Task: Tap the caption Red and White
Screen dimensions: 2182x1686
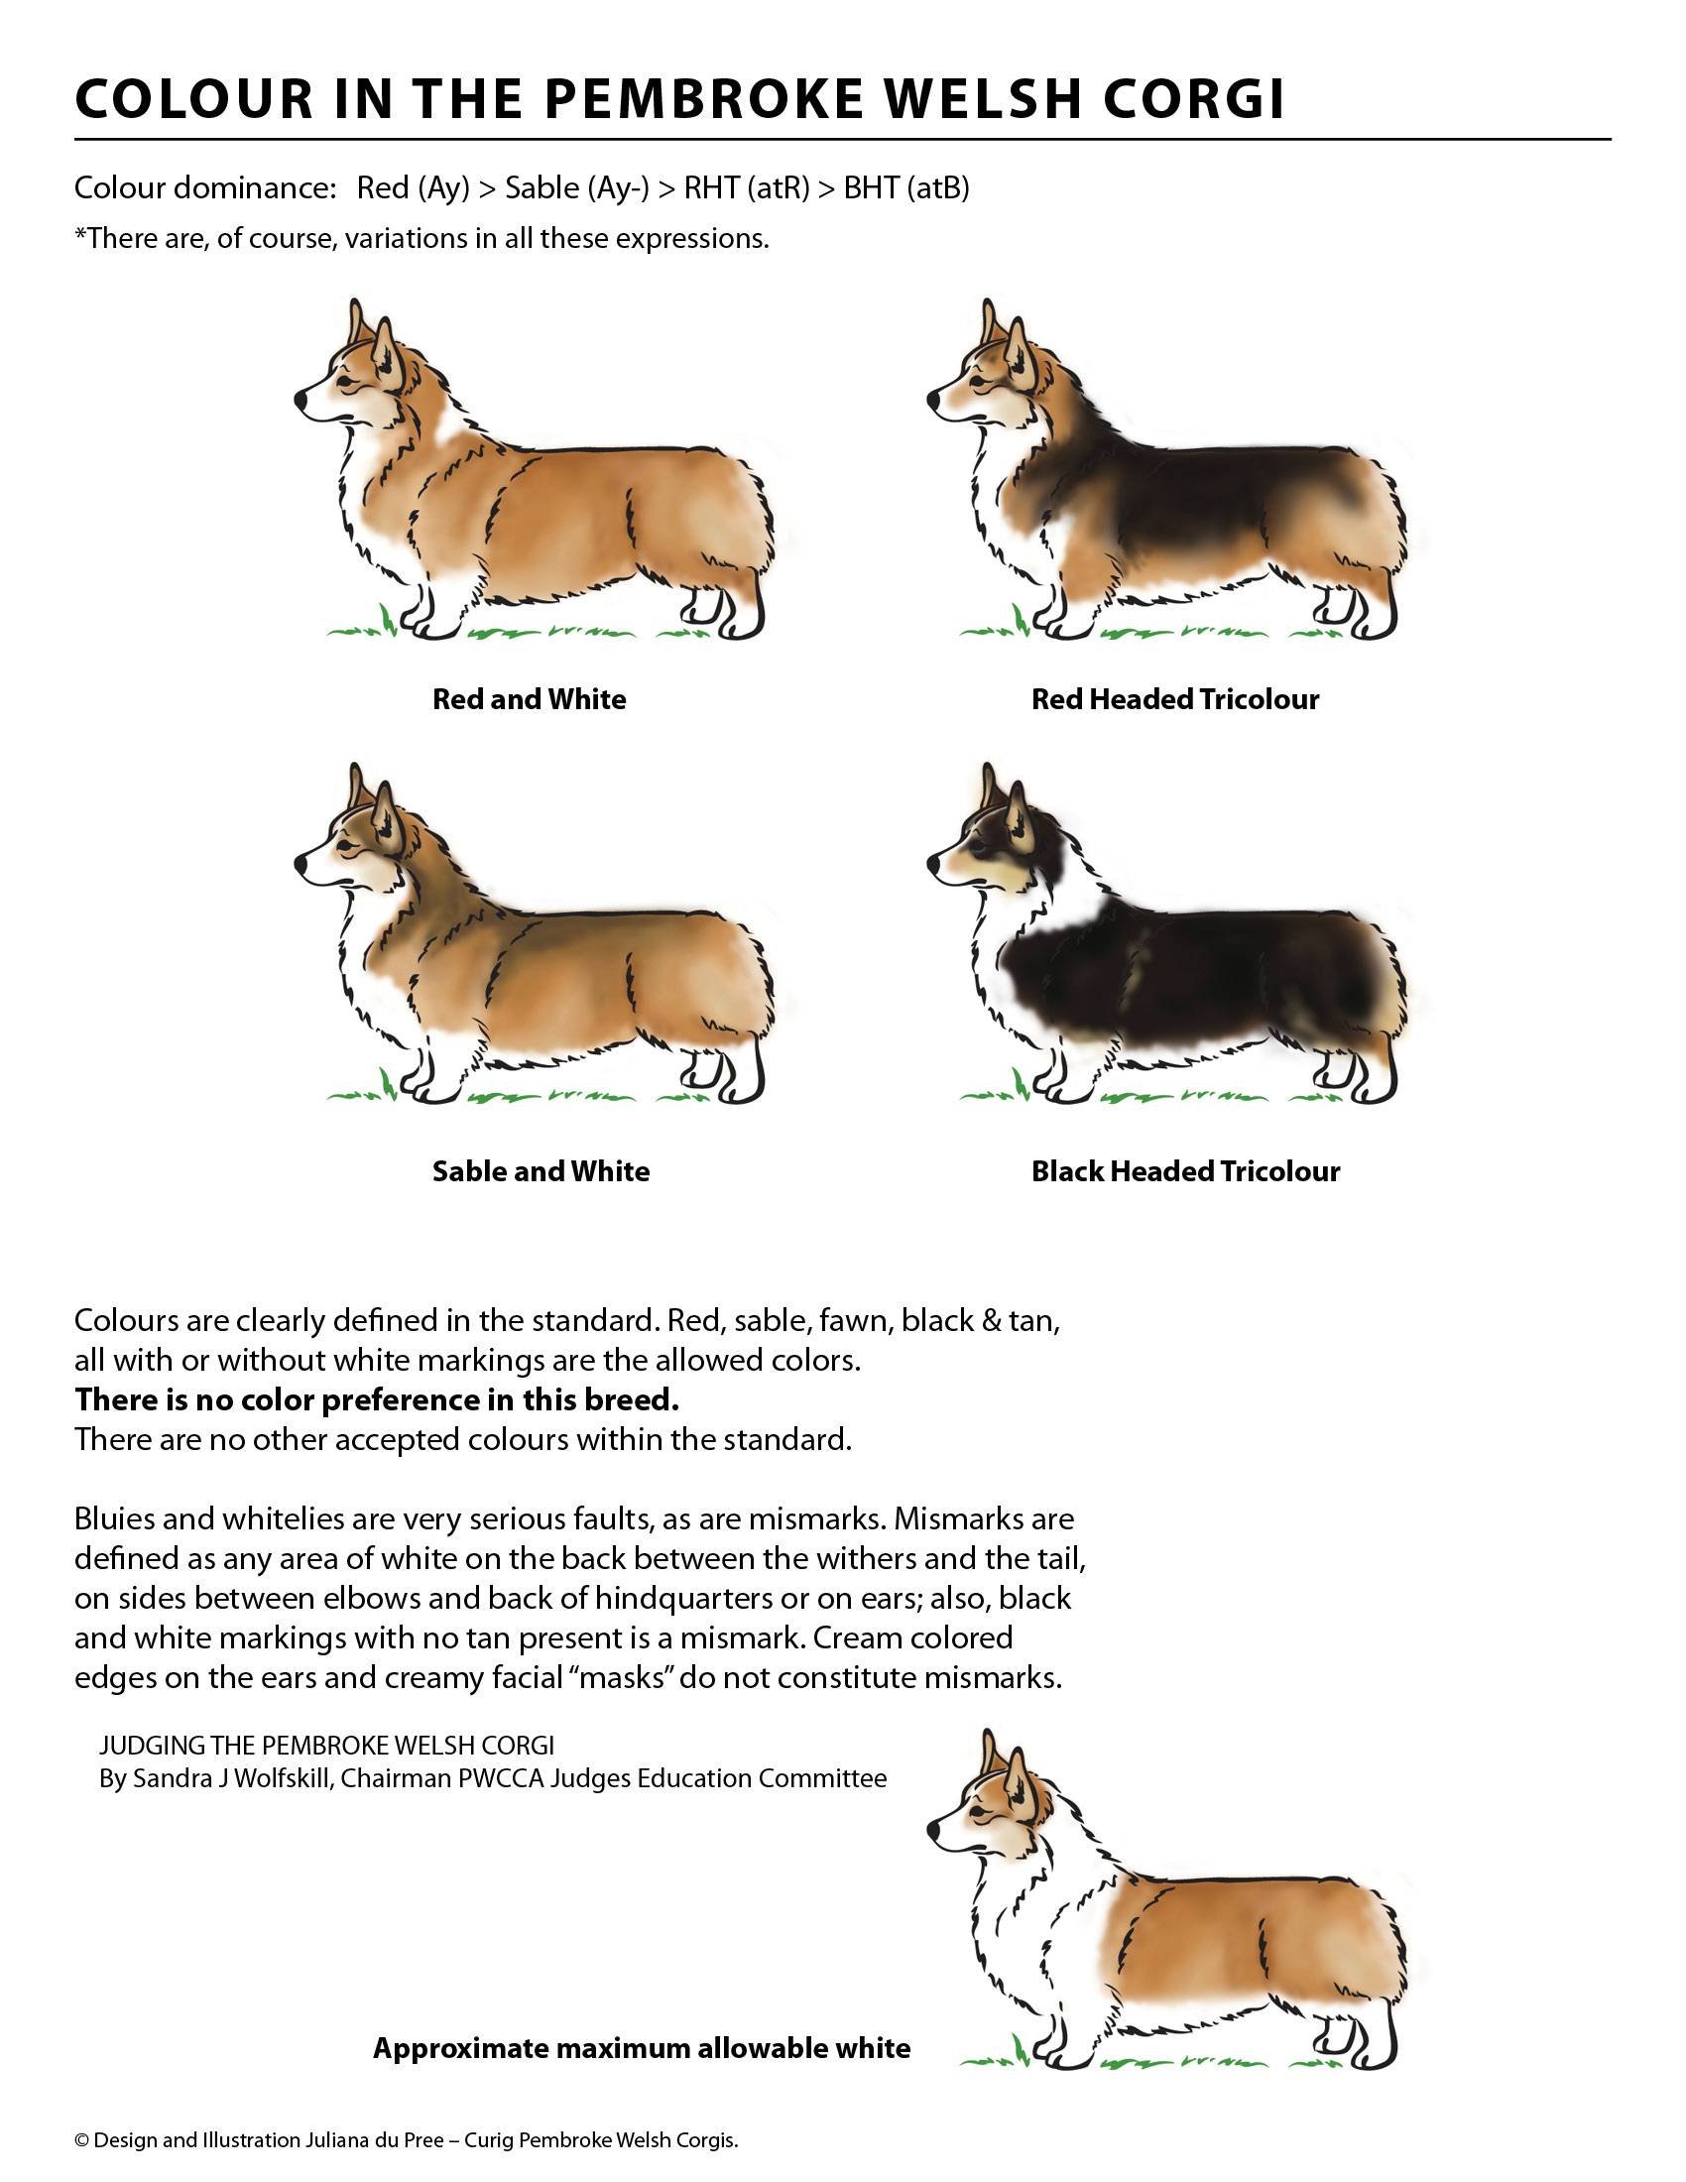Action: coord(529,699)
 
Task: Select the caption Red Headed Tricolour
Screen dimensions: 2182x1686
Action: coord(1174,699)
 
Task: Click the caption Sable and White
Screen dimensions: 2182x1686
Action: coord(541,1171)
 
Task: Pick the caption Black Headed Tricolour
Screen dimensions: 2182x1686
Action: coord(1184,1171)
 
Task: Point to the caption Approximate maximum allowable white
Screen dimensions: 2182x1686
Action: coord(642,2048)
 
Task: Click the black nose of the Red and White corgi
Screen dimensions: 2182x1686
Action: coord(301,399)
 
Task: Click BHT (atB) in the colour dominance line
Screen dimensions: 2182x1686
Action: coord(905,187)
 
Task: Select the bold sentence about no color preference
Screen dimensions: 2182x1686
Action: coord(377,1399)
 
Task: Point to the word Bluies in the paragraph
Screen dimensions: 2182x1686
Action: coord(114,1519)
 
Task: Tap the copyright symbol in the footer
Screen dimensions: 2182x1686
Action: coord(82,2141)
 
